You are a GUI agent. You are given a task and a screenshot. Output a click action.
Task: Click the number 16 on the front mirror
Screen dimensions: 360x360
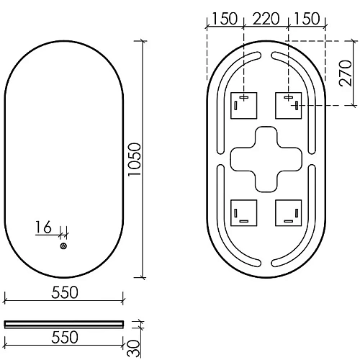click(42, 228)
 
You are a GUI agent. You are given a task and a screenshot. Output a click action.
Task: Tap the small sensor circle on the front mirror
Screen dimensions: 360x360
click(63, 246)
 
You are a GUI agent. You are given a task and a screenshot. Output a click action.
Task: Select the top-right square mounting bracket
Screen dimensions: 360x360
click(288, 107)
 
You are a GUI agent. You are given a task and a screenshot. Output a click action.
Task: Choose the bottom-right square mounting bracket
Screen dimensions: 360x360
click(288, 212)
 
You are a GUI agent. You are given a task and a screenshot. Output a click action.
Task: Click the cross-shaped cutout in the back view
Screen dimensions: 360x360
click(265, 159)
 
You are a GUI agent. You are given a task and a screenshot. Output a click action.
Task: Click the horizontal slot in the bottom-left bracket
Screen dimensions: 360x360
click(243, 220)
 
